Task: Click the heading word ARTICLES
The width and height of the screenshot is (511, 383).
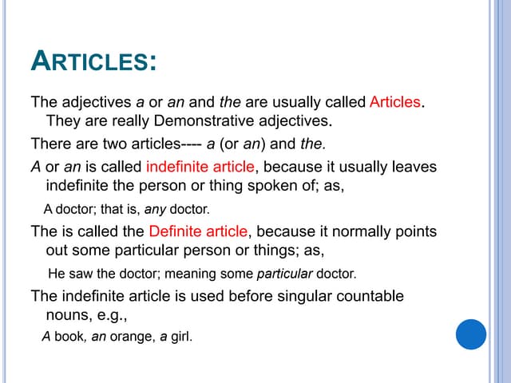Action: [93, 62]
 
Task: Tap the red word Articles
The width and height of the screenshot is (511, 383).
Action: [395, 103]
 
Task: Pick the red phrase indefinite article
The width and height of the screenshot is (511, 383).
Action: [200, 167]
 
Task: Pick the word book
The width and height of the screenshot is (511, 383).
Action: [70, 336]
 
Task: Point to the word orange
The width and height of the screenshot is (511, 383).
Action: [131, 337]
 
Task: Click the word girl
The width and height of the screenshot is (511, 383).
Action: [182, 337]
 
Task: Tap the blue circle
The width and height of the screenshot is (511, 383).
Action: [471, 334]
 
